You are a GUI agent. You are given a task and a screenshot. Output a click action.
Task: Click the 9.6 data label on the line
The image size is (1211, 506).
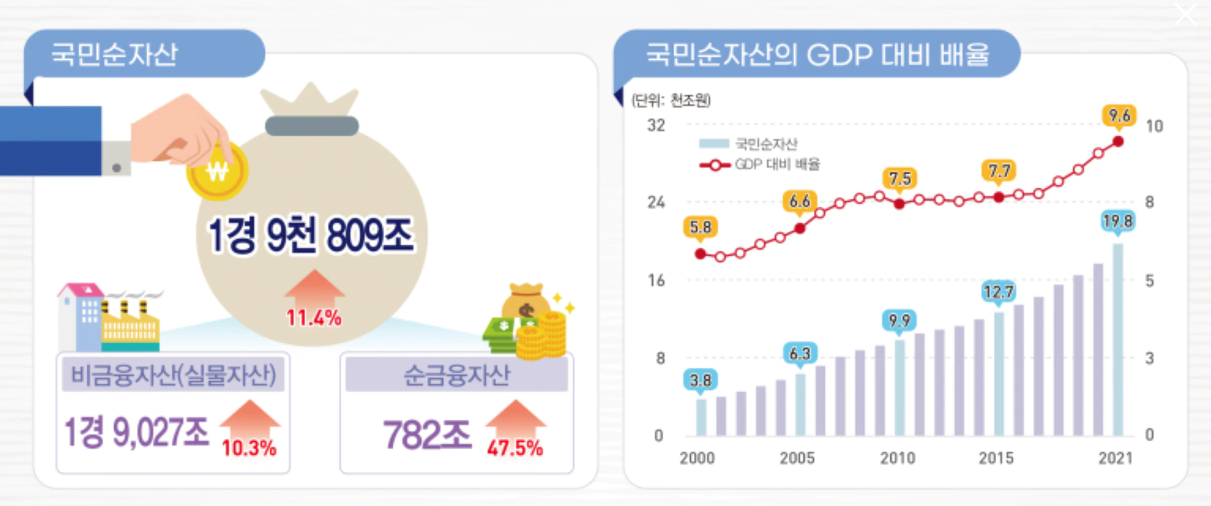click(1119, 116)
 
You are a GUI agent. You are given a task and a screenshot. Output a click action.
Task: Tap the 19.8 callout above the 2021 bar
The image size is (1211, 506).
click(1117, 222)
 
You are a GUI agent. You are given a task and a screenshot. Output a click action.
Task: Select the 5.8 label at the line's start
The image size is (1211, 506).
click(700, 228)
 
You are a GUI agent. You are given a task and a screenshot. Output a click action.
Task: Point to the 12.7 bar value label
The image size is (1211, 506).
click(998, 292)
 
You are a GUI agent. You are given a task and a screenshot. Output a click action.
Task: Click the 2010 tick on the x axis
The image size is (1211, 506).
click(897, 458)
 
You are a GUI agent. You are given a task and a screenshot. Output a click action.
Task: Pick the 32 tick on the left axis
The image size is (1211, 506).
click(656, 126)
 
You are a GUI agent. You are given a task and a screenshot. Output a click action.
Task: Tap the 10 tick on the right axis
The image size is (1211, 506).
click(1154, 126)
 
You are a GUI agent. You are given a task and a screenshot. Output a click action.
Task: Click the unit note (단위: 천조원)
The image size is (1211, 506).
click(671, 101)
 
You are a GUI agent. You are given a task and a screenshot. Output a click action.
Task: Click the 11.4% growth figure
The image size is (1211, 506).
click(314, 318)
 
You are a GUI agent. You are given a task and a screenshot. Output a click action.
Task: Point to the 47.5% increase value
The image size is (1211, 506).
click(515, 448)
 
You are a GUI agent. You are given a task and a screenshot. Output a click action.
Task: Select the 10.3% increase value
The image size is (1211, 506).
click(249, 448)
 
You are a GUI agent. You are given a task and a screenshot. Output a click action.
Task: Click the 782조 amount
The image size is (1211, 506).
click(427, 435)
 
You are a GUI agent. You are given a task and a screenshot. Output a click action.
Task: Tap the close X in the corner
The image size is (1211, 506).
click(1185, 14)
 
